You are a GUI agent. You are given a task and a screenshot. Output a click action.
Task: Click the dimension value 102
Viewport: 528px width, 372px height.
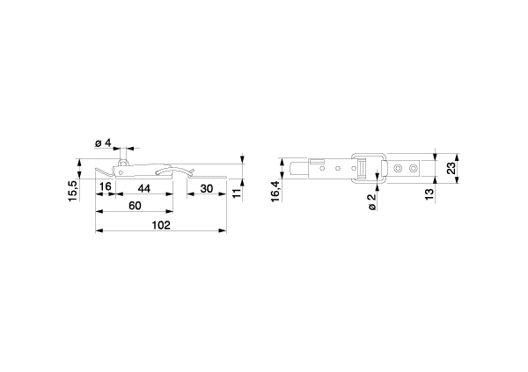[161, 225]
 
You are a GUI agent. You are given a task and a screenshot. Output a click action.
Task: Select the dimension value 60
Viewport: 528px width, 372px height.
[135, 206]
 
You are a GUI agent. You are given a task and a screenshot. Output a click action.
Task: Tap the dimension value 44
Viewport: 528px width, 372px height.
[144, 188]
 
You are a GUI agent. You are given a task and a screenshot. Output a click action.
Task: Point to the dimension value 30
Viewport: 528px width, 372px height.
[207, 188]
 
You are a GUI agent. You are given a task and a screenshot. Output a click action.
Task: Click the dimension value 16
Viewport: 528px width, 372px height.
[106, 186]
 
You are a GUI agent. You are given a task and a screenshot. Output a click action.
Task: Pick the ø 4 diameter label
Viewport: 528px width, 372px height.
[103, 143]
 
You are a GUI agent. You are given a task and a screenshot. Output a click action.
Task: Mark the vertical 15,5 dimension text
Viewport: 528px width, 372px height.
[73, 191]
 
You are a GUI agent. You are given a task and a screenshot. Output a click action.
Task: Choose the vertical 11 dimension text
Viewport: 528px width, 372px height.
[238, 193]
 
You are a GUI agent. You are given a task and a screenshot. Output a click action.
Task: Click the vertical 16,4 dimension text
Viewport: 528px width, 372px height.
[275, 191]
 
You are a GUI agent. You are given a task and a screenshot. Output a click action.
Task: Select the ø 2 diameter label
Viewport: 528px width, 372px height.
[371, 202]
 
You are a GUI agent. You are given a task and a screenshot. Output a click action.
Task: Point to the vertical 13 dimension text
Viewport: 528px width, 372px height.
[429, 194]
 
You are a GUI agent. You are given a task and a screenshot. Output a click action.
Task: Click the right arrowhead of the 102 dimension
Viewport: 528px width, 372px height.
[223, 230]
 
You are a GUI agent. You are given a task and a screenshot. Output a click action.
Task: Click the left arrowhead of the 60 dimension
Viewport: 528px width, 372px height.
[99, 211]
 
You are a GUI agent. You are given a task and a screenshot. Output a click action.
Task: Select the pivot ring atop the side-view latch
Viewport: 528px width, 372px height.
[122, 163]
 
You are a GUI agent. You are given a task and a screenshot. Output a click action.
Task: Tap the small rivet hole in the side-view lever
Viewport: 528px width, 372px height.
[121, 172]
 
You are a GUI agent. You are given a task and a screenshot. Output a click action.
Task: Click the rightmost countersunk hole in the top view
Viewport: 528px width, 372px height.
[414, 168]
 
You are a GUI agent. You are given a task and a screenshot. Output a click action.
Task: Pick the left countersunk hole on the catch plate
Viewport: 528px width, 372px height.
[399, 168]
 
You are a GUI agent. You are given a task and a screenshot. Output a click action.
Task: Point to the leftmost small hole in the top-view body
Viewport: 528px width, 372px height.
[322, 168]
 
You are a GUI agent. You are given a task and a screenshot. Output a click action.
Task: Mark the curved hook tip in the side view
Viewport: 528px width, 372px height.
[158, 173]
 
